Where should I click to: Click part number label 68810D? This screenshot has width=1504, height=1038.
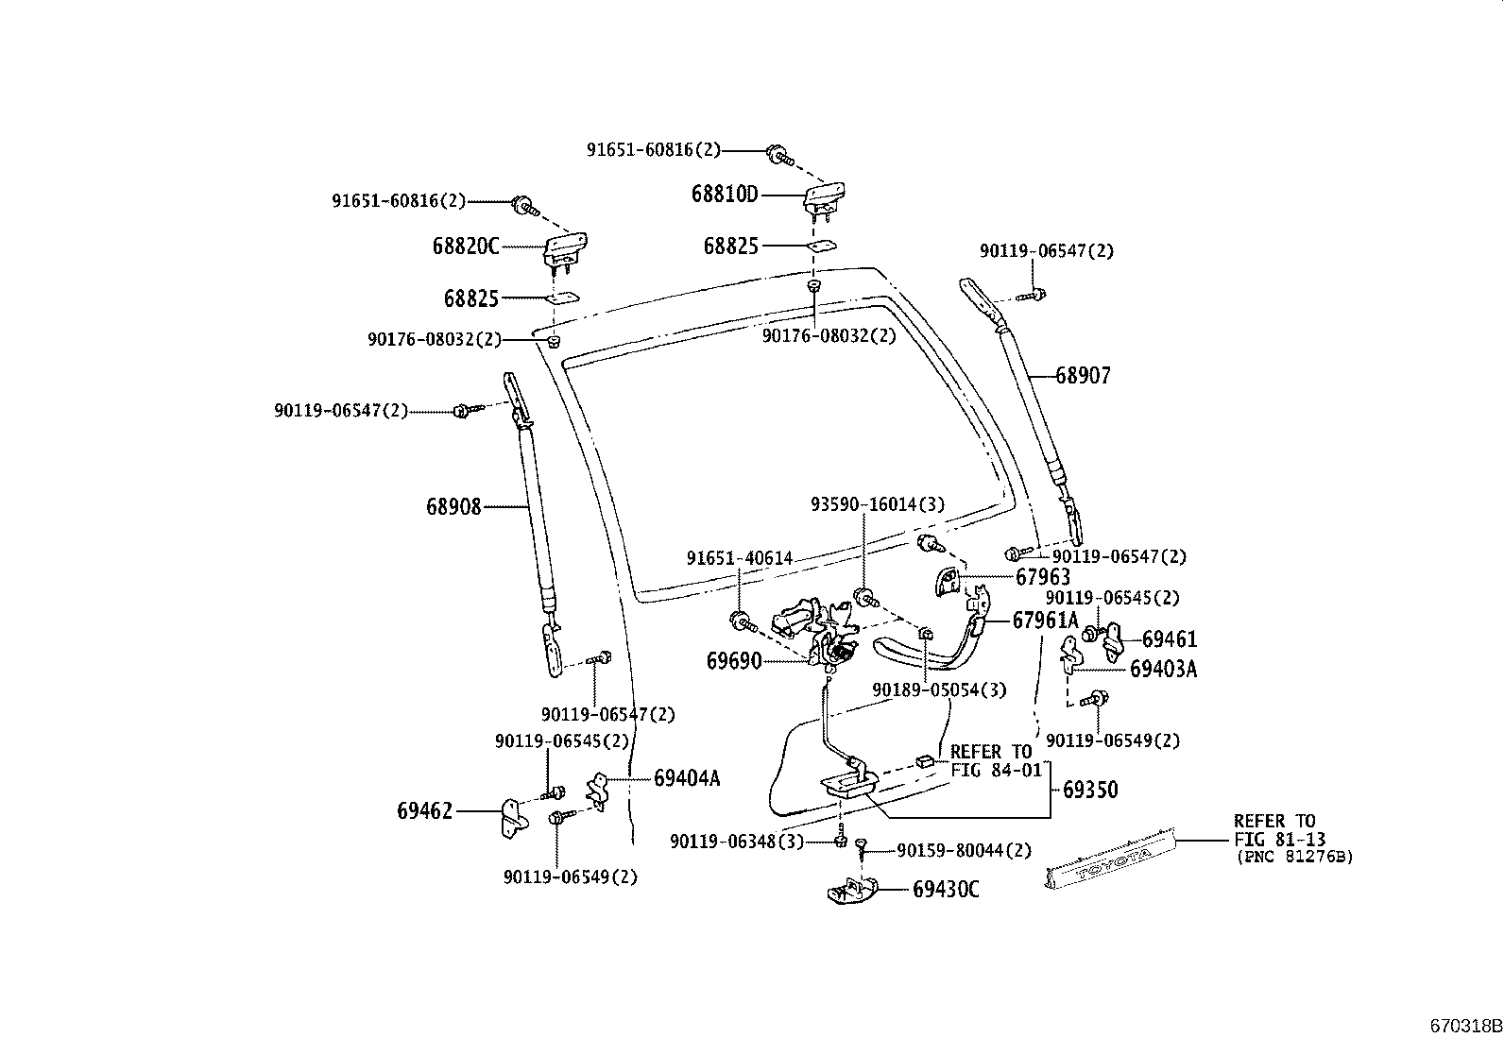coord(725,195)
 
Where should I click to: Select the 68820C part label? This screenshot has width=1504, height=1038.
coord(465,247)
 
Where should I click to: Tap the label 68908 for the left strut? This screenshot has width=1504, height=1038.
coord(453,507)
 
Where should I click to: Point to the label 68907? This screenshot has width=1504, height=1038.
coord(1083,376)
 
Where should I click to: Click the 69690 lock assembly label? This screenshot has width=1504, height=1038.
coord(733,661)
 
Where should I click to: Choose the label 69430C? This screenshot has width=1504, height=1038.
coord(946,890)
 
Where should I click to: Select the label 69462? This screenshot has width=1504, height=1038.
coord(424,810)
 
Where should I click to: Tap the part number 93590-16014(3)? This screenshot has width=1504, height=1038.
coord(877,504)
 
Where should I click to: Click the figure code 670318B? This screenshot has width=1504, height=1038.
coord(1463,1026)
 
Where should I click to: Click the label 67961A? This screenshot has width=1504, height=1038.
coord(1045,621)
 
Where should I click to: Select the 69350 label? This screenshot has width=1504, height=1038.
coord(1090,790)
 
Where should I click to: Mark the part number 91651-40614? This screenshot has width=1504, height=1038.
coord(739,559)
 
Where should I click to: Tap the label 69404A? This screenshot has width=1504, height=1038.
coord(687,778)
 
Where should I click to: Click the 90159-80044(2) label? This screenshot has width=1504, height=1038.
coord(964,851)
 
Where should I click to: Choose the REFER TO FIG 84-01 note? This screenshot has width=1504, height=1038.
coord(992,760)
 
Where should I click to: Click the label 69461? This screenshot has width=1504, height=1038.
coord(1169,640)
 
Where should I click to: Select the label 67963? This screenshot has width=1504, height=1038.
coord(1043,576)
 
